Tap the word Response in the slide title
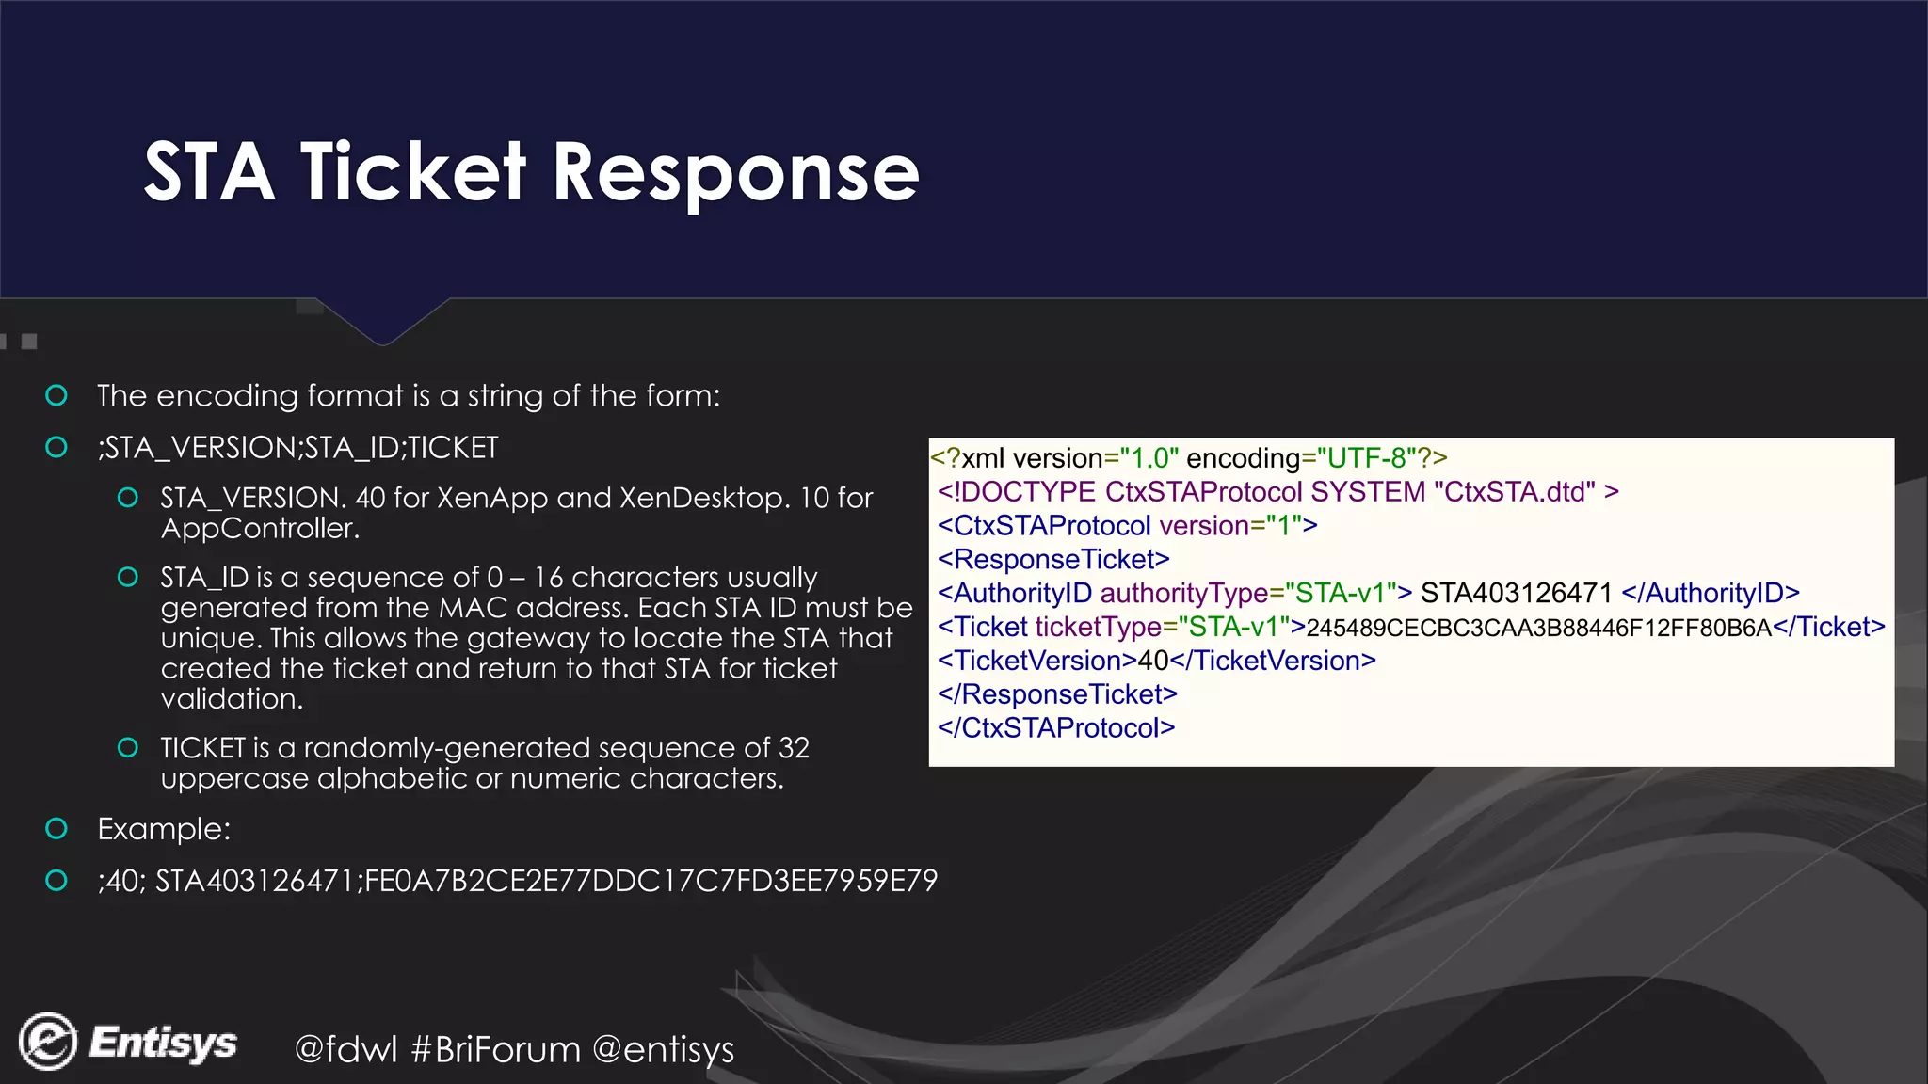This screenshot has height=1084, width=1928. [x=735, y=174]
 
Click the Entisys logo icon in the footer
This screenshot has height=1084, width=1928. [x=48, y=1042]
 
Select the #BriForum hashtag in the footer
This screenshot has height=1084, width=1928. [x=496, y=1049]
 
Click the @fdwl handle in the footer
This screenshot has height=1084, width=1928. [x=345, y=1049]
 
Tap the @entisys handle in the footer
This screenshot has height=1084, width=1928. [x=664, y=1049]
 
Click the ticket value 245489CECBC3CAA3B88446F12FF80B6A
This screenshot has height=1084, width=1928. [x=1538, y=628]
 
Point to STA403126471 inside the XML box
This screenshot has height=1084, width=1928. [x=1516, y=593]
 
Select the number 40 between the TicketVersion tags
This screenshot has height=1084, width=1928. [x=1153, y=661]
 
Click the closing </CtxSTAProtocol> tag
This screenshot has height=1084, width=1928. [x=1056, y=727]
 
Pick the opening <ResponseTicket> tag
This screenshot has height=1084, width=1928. [x=1053, y=559]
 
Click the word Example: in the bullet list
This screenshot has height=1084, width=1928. [x=164, y=829]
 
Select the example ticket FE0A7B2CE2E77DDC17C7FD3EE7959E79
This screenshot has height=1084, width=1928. [x=651, y=881]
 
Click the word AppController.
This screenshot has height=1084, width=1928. [x=260, y=528]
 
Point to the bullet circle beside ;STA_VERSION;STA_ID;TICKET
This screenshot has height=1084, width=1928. [x=56, y=447]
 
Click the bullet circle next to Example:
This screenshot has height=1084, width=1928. [x=56, y=829]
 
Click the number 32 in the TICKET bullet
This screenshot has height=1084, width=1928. [x=794, y=748]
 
